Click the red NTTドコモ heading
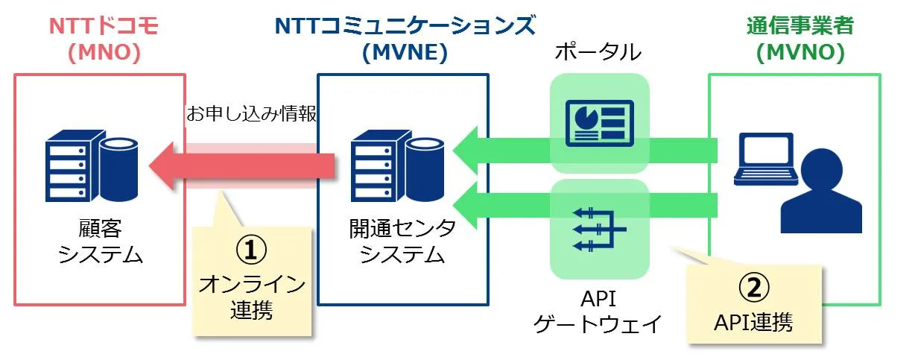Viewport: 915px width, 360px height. click(x=104, y=26)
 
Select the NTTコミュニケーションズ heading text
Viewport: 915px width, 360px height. click(x=405, y=26)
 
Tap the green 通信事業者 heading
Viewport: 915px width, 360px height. click(x=800, y=26)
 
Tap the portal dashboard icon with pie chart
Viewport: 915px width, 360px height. click(x=599, y=121)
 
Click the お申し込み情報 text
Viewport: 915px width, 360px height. click(x=253, y=114)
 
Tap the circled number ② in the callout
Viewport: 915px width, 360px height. click(x=753, y=286)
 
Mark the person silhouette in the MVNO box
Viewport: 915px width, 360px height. click(x=821, y=194)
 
